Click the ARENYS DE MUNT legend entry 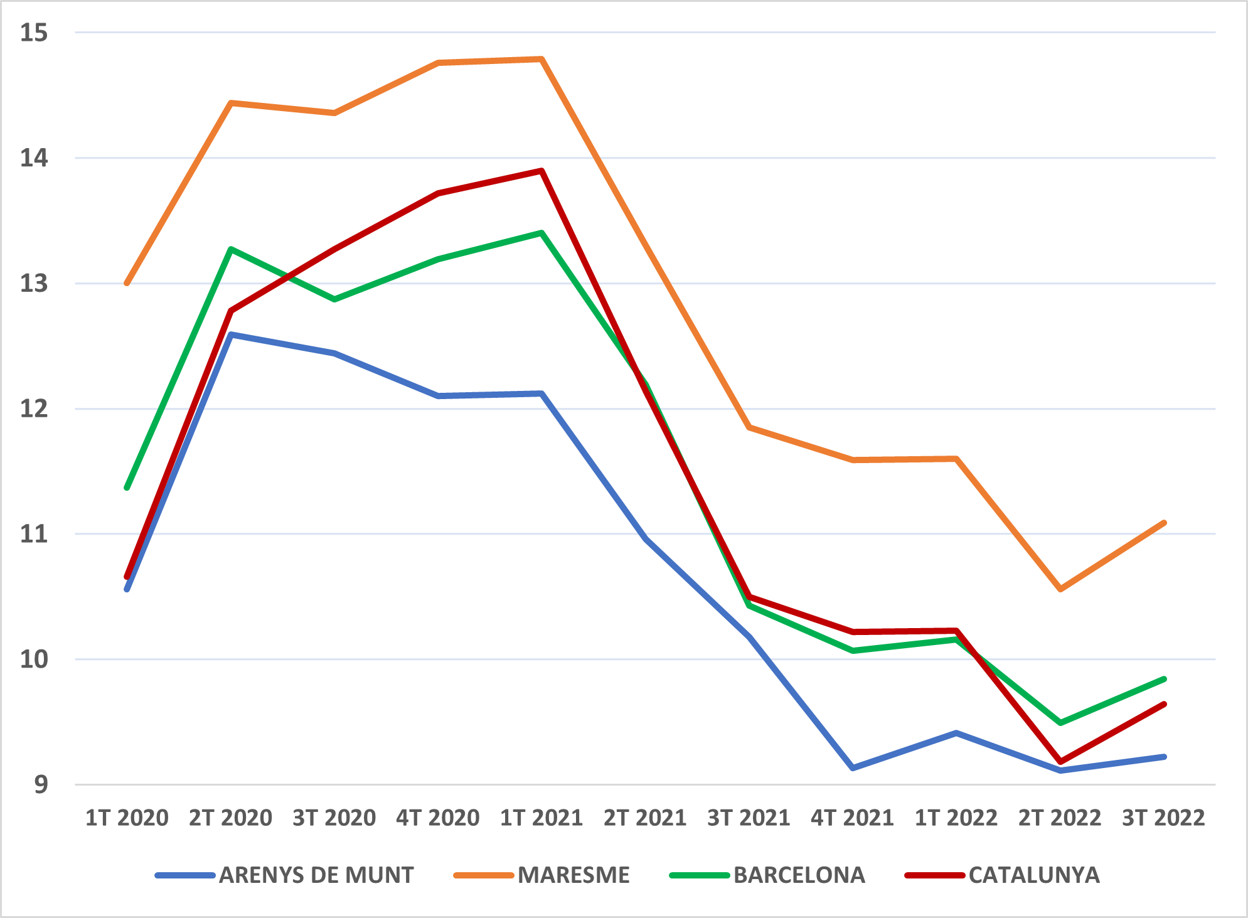tap(285, 875)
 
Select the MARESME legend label tap(573, 875)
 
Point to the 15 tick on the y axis tap(34, 33)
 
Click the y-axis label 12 tap(34, 409)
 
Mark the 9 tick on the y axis tap(41, 784)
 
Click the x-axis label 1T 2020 tap(127, 818)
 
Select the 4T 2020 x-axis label tap(438, 818)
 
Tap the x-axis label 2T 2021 tap(645, 818)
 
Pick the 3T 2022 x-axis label tap(1163, 818)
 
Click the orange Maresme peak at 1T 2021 tap(541, 59)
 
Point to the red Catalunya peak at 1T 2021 tap(541, 171)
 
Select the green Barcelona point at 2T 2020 tap(231, 249)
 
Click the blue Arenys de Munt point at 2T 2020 tap(231, 334)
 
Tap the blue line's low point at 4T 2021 tap(853, 768)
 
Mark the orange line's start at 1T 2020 tap(127, 284)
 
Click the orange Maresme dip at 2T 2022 tap(1060, 589)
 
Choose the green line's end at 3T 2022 tap(1164, 679)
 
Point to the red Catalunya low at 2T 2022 tap(1060, 761)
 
